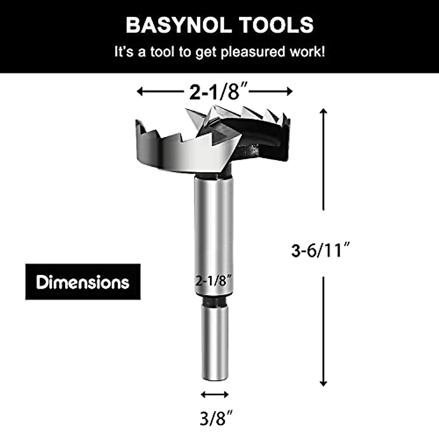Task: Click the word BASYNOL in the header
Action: coord(179,25)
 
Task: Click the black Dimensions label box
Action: coord(83,282)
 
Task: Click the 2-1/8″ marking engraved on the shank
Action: coord(214,281)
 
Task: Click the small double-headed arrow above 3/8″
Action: coord(215,394)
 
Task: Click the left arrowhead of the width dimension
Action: coord(140,91)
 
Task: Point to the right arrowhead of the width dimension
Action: coord(290,91)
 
